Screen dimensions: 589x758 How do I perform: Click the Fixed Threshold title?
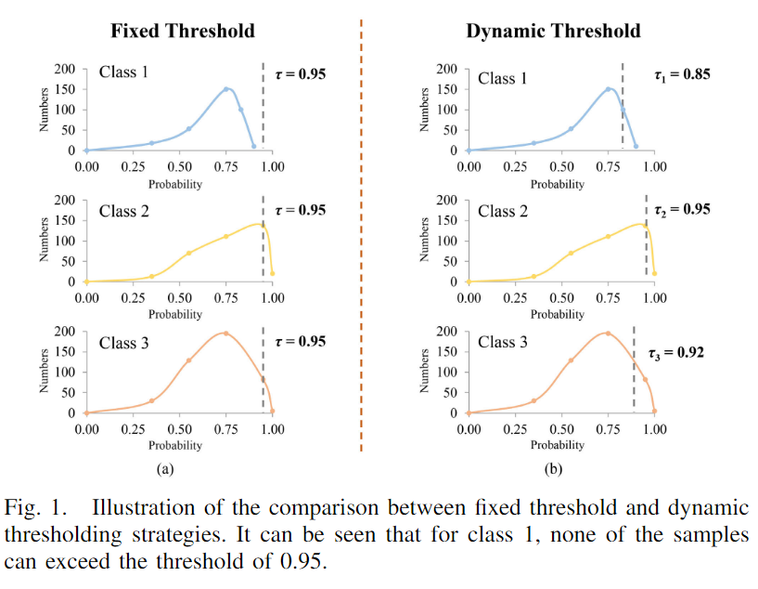pyautogui.click(x=183, y=31)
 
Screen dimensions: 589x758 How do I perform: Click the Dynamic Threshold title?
pyautogui.click(x=553, y=31)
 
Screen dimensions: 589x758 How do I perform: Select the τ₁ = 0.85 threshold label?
pyautogui.click(x=682, y=73)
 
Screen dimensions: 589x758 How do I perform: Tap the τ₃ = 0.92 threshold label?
pyautogui.click(x=676, y=353)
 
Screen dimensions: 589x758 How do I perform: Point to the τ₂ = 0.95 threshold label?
pyautogui.click(x=682, y=209)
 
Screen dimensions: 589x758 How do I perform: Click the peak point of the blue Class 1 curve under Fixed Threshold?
pyautogui.click(x=225, y=89)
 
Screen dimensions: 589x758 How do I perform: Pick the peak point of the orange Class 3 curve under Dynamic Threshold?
pyautogui.click(x=608, y=333)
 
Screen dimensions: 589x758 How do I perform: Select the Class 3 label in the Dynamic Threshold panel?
pyautogui.click(x=503, y=343)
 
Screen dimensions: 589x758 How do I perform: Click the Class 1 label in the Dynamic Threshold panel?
pyautogui.click(x=503, y=78)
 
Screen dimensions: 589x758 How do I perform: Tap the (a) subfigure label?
pyautogui.click(x=165, y=469)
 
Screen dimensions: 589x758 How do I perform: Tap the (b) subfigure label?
pyautogui.click(x=555, y=469)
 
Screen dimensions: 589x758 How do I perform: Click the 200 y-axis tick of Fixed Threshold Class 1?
pyautogui.click(x=65, y=69)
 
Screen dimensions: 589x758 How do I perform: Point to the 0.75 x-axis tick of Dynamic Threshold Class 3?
pyautogui.click(x=608, y=429)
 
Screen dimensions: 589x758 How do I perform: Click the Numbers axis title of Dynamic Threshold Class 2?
pyautogui.click(x=426, y=240)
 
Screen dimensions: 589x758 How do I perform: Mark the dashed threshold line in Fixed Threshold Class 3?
pyautogui.click(x=263, y=372)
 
